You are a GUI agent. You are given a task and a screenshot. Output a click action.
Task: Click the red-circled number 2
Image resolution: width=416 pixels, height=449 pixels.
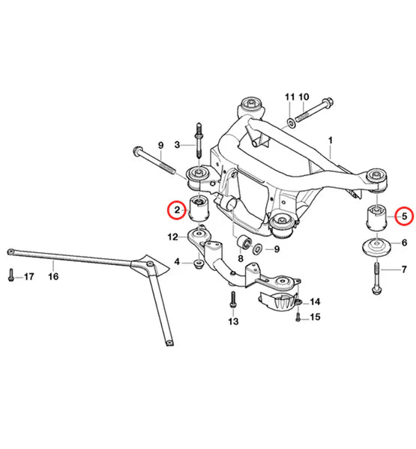point(177,210)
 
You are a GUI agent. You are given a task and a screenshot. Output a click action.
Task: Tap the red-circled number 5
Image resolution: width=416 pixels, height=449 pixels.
point(404,216)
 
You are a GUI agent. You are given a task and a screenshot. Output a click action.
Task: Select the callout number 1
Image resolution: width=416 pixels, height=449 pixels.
point(331,141)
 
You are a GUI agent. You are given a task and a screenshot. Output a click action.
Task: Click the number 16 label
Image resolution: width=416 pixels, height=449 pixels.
point(53,276)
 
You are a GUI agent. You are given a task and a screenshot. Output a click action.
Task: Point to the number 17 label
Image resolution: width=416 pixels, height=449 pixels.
point(29,277)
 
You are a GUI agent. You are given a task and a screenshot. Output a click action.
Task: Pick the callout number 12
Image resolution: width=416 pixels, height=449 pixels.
point(172,237)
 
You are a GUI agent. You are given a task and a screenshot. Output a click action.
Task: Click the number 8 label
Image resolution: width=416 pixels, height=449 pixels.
point(241,259)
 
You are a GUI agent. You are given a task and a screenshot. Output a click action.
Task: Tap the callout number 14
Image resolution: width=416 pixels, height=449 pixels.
point(315,302)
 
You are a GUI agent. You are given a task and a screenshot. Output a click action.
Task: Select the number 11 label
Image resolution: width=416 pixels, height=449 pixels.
point(290,97)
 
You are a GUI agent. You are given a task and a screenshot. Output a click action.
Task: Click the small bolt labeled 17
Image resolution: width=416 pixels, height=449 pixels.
point(11,275)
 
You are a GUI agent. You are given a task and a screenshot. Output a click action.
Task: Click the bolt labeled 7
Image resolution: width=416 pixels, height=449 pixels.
point(377,278)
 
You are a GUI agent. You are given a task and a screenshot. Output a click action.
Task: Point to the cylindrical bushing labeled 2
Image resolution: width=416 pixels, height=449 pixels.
point(200,208)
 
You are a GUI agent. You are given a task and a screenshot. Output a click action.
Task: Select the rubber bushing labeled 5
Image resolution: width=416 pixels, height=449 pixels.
point(377,218)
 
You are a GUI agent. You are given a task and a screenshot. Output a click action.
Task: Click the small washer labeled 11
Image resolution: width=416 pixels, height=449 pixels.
point(291,123)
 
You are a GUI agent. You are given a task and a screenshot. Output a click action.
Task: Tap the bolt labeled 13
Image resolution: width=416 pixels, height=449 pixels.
point(233,299)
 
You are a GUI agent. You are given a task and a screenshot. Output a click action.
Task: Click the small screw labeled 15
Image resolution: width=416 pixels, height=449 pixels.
point(298,317)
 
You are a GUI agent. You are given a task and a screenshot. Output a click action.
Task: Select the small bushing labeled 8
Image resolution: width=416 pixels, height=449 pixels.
point(244,242)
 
